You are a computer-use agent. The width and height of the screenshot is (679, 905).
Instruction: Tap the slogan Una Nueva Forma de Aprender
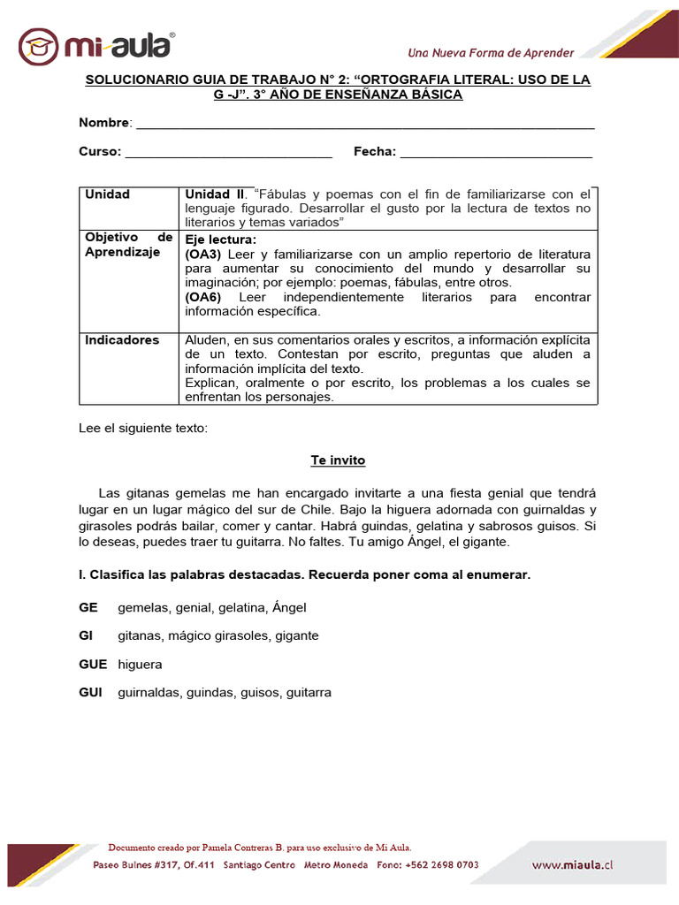point(490,52)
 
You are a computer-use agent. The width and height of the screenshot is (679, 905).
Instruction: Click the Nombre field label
point(104,122)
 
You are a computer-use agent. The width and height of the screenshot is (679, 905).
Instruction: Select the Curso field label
point(99,151)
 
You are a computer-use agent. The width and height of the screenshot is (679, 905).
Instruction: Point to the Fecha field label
point(374,151)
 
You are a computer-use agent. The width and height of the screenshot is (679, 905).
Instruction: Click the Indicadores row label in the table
point(122,340)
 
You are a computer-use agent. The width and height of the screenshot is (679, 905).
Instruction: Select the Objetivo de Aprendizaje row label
point(128,245)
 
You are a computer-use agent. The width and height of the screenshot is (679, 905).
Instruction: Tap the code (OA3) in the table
point(203,254)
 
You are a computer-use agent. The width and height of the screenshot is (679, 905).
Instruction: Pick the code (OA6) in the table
point(203,297)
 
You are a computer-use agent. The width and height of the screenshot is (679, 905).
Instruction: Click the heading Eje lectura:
point(221,240)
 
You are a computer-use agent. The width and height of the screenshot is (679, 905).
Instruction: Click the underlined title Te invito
point(338,460)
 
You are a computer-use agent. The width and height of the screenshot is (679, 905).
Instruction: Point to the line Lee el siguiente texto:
point(142,428)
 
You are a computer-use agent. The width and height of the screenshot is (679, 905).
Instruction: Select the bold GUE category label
point(93,664)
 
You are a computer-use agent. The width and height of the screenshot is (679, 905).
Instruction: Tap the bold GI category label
point(87,635)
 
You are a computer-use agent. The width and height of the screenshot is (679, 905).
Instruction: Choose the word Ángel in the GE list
point(289,607)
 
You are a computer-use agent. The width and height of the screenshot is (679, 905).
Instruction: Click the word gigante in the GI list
point(296,635)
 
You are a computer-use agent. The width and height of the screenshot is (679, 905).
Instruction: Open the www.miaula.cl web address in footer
point(572,865)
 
